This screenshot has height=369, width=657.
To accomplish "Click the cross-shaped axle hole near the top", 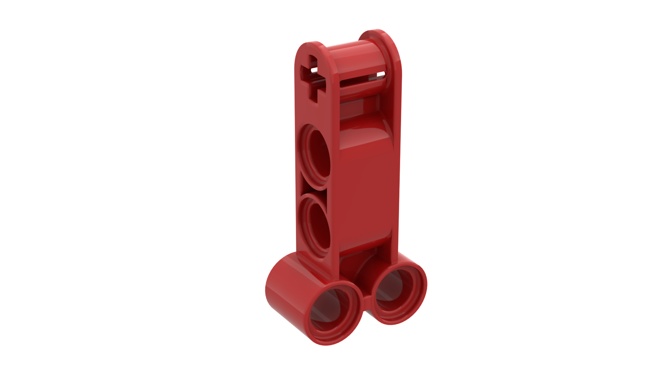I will [312, 77].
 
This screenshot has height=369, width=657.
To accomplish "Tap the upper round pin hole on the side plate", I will [316, 156].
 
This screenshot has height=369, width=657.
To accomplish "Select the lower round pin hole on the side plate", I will [317, 225].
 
